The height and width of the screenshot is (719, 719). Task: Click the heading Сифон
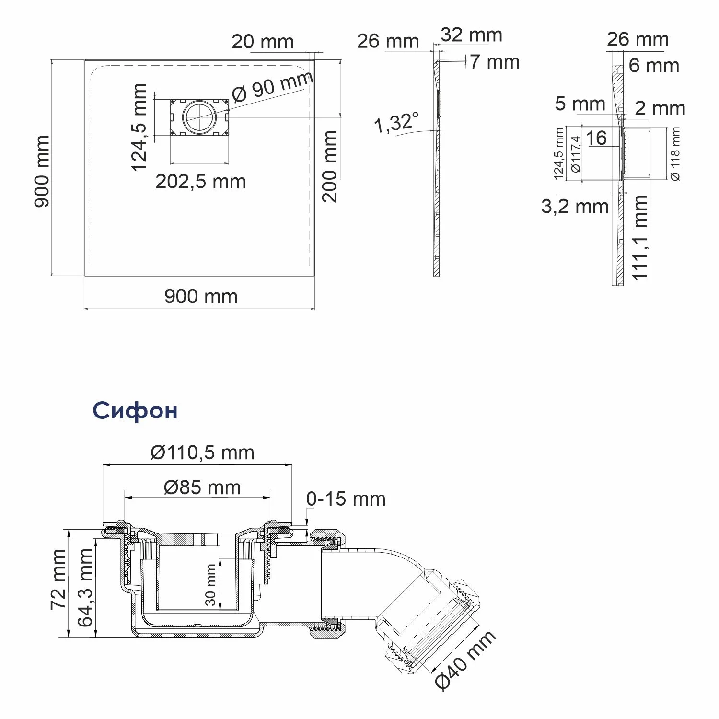pos(135,411)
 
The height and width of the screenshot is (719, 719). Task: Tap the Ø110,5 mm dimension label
pos(202,452)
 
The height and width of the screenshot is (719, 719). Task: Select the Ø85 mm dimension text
pos(202,487)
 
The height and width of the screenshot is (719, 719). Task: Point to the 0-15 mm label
pos(346,499)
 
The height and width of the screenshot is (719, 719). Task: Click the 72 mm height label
pos(58,579)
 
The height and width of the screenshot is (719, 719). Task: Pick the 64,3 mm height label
pos(85,588)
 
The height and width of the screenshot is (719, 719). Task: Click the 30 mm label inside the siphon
pos(210,585)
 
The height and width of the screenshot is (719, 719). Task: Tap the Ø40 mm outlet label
pos(465,660)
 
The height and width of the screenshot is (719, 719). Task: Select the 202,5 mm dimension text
pos(201,182)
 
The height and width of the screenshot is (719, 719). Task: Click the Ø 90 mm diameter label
pos(273,86)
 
